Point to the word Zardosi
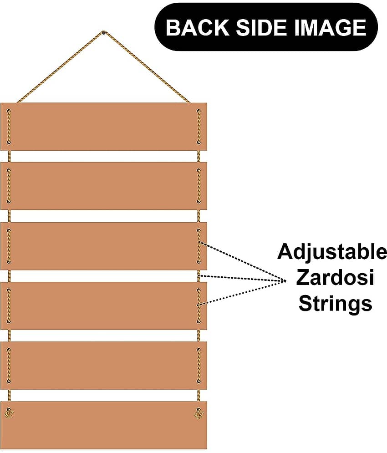[335, 277]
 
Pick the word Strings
[335, 303]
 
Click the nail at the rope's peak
[103, 33]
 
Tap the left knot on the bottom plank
[9, 413]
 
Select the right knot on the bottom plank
[199, 413]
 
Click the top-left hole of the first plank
[9, 111]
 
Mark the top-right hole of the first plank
[199, 111]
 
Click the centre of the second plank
[103, 186]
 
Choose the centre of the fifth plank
[103, 366]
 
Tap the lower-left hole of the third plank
[9, 262]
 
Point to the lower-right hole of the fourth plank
[199, 321]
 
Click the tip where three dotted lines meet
[285, 280]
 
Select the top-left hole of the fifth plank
[9, 350]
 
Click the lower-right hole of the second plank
[199, 202]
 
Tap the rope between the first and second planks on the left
[9, 156]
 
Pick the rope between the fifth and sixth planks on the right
[199, 395]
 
